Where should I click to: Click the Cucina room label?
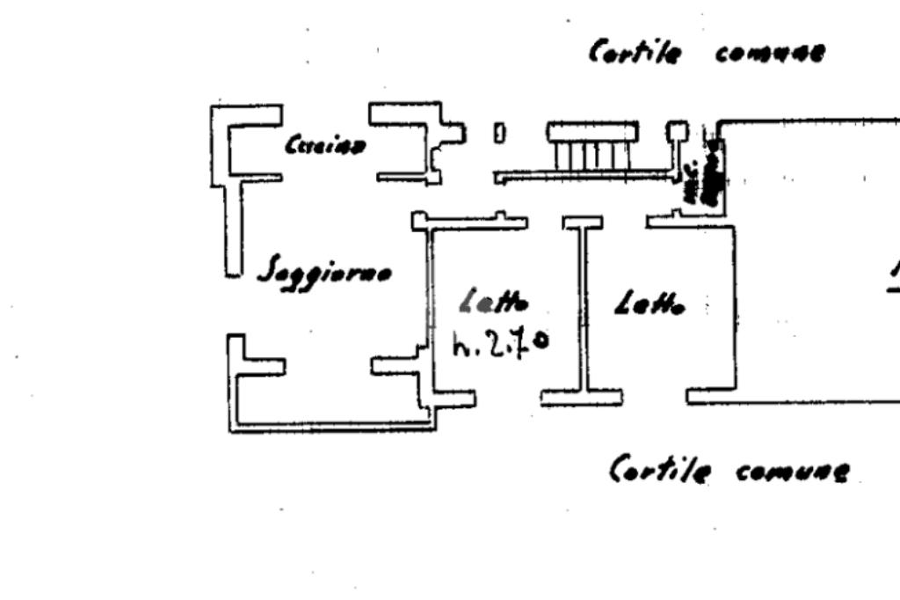(324, 145)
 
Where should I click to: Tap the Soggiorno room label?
(324, 274)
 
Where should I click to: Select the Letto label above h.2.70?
(495, 303)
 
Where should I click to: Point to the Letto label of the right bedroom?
(650, 304)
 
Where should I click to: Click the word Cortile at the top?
(635, 52)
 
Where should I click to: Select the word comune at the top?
(770, 53)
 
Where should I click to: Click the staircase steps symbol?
(592, 147)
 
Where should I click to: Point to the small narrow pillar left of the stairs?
(499, 133)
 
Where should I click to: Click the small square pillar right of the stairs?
(677, 132)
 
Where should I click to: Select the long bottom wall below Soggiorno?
(334, 428)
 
